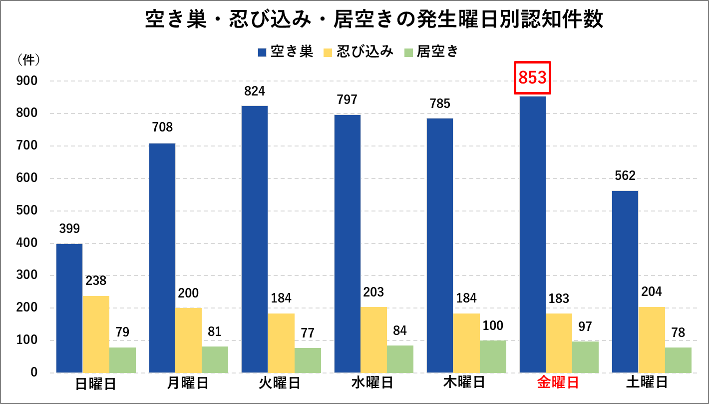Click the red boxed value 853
coord(532,77)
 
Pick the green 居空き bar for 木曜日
coord(493,356)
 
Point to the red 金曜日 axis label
coord(558,383)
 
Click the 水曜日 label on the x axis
coord(372,383)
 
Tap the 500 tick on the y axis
coord(27,210)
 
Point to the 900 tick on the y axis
coord(27,81)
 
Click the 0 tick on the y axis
coord(33,372)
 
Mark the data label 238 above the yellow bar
coord(96,280)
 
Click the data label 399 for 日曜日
coord(69,228)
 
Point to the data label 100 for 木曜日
coord(493,325)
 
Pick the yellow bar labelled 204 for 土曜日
coord(652,339)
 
